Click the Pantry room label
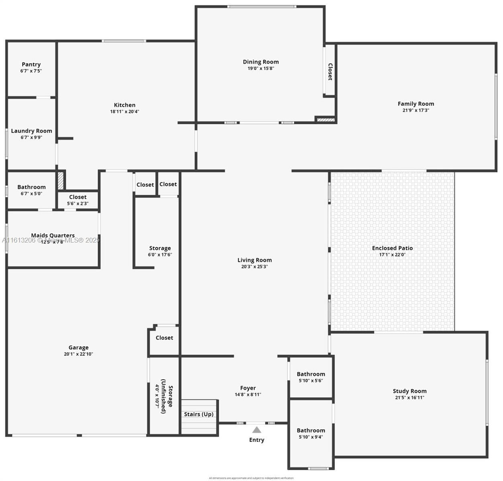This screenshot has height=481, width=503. [31, 65]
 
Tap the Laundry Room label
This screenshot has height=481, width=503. [31, 131]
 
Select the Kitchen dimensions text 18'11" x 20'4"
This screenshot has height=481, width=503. [124, 112]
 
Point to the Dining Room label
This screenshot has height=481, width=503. [261, 62]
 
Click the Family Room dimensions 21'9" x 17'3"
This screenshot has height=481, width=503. [415, 110]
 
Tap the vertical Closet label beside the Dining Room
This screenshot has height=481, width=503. [330, 72]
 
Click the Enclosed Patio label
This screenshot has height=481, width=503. [392, 248]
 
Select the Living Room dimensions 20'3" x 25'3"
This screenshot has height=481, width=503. [254, 267]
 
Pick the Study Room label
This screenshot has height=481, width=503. [409, 391]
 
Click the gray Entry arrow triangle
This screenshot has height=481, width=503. [257, 430]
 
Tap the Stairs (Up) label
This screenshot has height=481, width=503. [199, 414]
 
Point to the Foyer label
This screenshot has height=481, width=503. [248, 388]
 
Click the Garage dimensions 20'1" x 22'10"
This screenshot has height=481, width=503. [78, 354]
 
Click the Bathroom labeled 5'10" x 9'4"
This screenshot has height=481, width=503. [311, 430]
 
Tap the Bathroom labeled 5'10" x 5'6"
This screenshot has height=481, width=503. [311, 374]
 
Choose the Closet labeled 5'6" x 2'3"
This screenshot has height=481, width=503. [77, 197]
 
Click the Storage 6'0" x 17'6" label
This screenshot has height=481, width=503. [160, 249]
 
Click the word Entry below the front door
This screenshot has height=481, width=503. [257, 440]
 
